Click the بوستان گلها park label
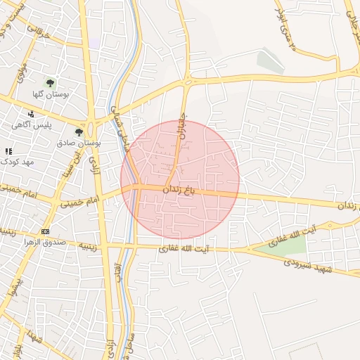[x=49, y=94]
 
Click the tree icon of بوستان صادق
[x=79, y=131]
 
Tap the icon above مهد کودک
[x=8, y=151]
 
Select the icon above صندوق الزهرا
[x=46, y=231]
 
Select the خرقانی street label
[x=39, y=32]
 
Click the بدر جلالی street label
[x=352, y=21]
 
